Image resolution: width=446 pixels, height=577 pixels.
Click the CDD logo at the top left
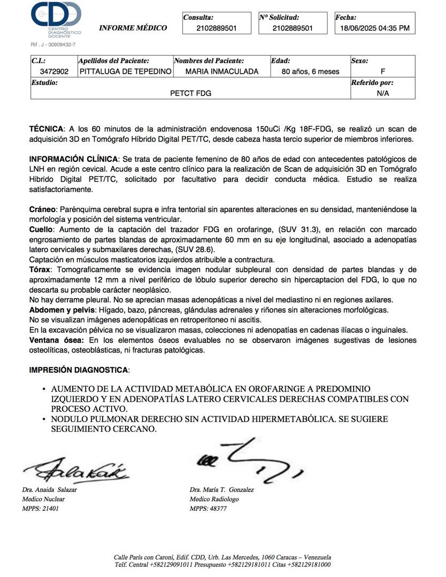(x=56, y=19)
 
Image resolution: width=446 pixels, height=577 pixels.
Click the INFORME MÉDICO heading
(x=133, y=28)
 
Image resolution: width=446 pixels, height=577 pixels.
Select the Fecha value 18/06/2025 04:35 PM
(x=375, y=28)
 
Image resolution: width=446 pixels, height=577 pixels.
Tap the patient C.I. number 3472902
(x=54, y=72)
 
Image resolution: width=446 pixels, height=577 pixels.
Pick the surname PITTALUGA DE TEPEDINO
(x=126, y=72)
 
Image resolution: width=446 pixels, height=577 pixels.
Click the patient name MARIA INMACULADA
(x=221, y=72)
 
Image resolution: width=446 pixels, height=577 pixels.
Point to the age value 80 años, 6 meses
(x=310, y=72)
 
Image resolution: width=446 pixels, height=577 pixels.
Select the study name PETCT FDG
(x=190, y=93)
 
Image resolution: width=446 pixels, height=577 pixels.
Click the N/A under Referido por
(x=382, y=93)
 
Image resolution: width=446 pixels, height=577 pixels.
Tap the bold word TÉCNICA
(x=47, y=129)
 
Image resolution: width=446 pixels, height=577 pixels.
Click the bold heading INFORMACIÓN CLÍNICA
(x=74, y=159)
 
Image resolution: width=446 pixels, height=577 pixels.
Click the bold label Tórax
(x=41, y=270)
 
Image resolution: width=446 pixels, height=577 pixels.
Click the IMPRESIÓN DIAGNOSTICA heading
(x=79, y=370)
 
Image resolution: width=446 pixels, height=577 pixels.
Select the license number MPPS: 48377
(x=208, y=509)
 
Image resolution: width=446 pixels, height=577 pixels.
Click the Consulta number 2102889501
(x=217, y=28)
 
